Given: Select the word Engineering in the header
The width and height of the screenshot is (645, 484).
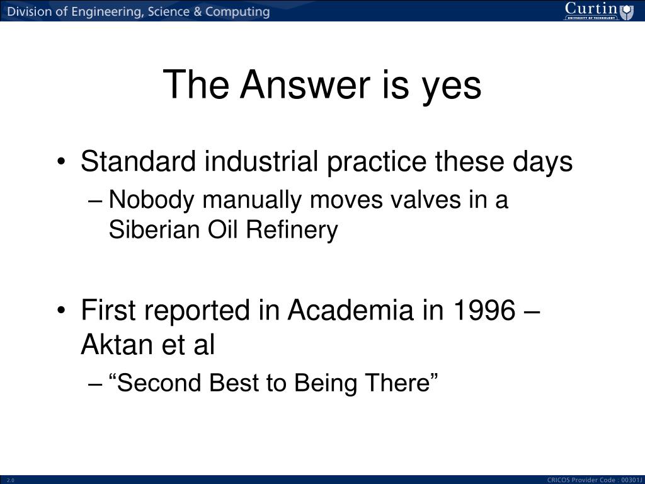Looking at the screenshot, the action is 107,11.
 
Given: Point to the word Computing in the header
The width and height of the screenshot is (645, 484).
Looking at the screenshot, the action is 237,11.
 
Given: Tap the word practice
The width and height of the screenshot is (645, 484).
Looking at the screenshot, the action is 377,163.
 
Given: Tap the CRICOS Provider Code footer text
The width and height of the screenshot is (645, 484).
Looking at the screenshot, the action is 595,480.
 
